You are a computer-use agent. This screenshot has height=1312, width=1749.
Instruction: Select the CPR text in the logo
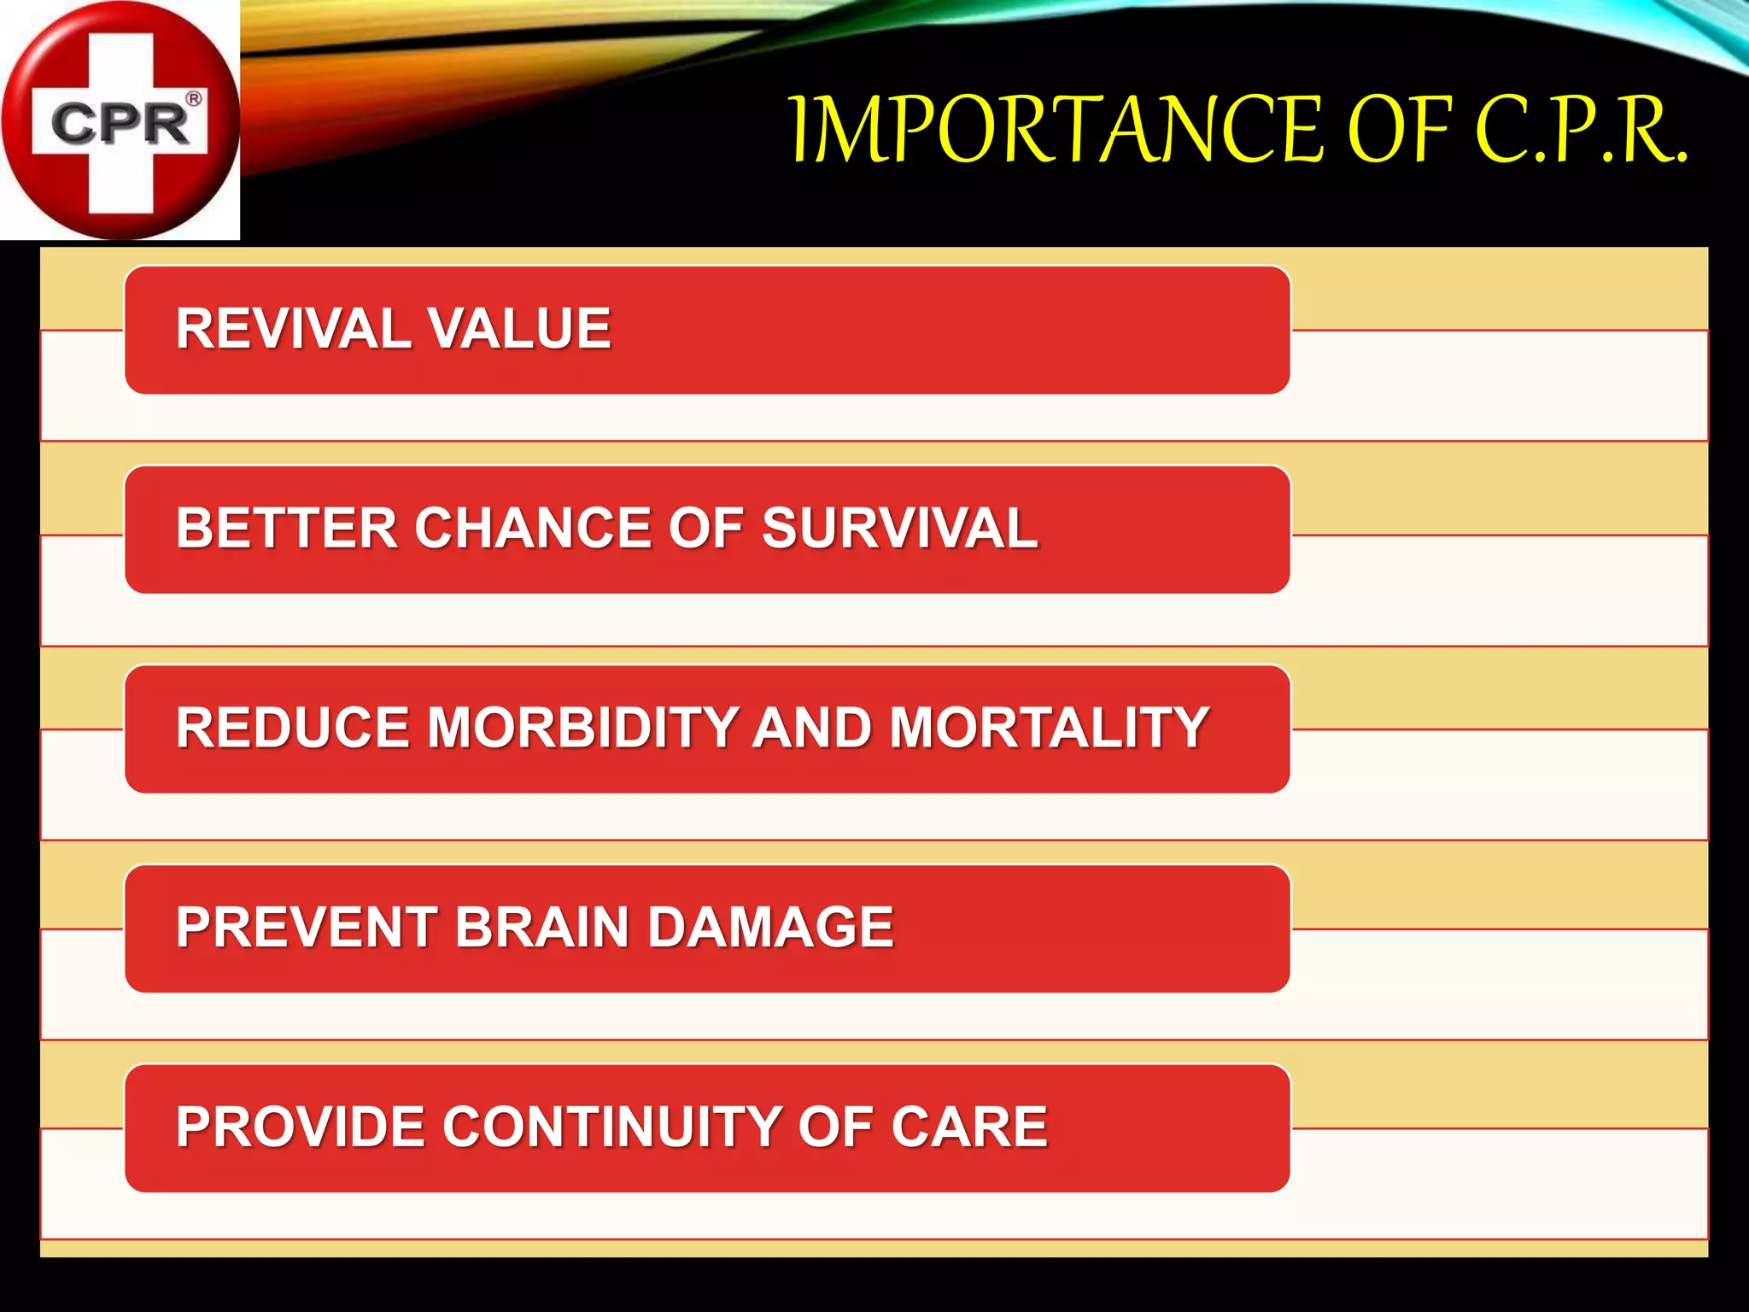[x=120, y=125]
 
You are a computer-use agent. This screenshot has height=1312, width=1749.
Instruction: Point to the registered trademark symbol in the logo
[x=195, y=98]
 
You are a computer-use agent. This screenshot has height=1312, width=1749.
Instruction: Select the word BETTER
[x=287, y=528]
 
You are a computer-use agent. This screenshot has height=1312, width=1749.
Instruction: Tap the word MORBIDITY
[x=582, y=728]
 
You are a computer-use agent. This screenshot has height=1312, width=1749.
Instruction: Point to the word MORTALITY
[x=1049, y=728]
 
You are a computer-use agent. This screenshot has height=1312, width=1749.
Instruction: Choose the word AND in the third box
[x=812, y=728]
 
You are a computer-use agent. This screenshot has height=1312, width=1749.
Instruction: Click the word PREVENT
[x=307, y=928]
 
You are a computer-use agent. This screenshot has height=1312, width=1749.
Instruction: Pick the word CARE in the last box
[x=969, y=1127]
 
